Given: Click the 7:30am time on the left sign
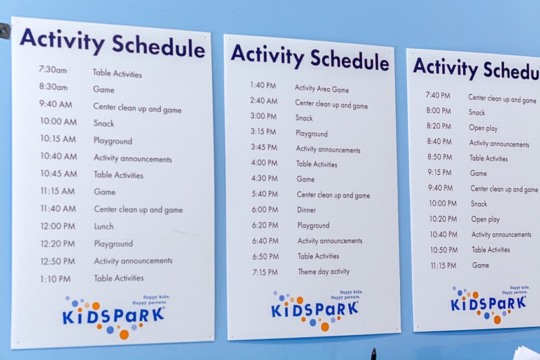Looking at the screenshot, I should click(x=52, y=70).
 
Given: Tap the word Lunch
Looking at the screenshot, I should click(x=104, y=226).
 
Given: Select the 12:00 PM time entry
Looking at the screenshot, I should click(x=57, y=226).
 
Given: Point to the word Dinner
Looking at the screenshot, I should click(x=306, y=210).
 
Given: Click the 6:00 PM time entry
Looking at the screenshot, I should click(x=264, y=210).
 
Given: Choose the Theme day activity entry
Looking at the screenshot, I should click(x=323, y=272).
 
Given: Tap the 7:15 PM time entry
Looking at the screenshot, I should click(x=265, y=272).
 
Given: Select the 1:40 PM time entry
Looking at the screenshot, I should click(x=262, y=85).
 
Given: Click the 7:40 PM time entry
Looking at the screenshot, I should click(x=438, y=95).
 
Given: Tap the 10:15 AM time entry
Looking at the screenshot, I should click(x=58, y=139).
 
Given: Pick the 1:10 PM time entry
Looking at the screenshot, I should click(x=56, y=279).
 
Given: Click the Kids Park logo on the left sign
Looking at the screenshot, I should click(x=113, y=316).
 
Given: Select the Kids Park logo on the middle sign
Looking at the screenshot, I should click(x=314, y=309).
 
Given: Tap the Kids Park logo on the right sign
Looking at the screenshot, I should click(x=488, y=303).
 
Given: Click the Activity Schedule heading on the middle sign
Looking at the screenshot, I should click(x=309, y=57).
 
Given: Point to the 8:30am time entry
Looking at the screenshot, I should click(x=53, y=87).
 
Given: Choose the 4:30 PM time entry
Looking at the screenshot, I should click(x=264, y=178).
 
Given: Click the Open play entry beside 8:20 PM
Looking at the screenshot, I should click(x=483, y=128).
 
